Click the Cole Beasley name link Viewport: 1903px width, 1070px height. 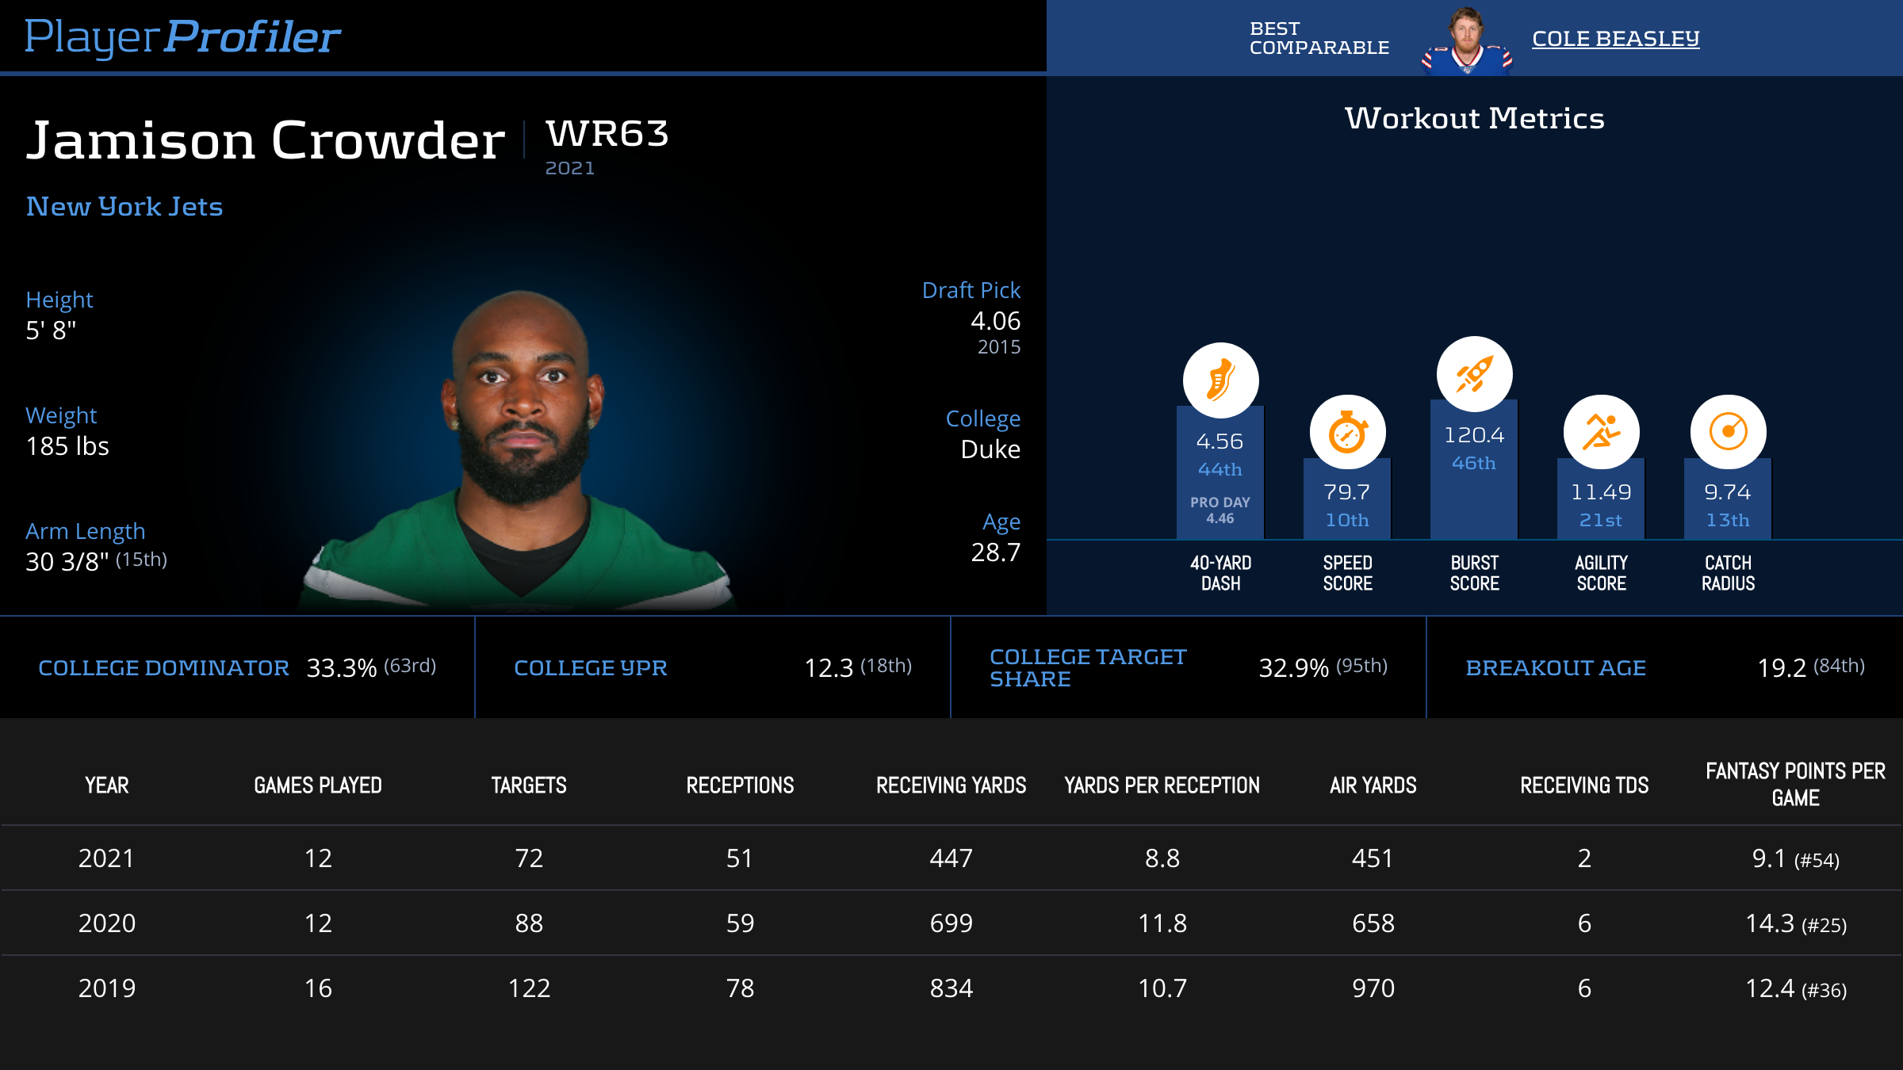(x=1615, y=38)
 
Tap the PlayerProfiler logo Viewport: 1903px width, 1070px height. (x=182, y=37)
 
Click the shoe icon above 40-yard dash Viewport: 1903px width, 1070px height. (x=1220, y=380)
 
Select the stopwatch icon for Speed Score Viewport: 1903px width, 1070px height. (x=1347, y=433)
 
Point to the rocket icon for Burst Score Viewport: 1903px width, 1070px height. (x=1474, y=374)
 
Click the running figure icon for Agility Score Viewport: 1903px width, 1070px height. (x=1601, y=433)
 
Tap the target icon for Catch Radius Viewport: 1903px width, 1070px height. (x=1728, y=433)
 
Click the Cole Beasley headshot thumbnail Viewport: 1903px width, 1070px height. (x=1467, y=41)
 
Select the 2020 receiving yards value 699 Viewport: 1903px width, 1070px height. (x=951, y=923)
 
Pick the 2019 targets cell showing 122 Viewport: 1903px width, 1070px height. (x=529, y=988)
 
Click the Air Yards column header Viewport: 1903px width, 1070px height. (x=1373, y=785)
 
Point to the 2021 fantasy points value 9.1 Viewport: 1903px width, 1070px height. (x=1769, y=858)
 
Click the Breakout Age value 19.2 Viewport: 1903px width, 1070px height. (x=1782, y=668)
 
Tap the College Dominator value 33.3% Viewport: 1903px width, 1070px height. (x=341, y=668)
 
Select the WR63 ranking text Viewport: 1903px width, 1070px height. (x=607, y=133)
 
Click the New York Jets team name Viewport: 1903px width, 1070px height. (x=124, y=207)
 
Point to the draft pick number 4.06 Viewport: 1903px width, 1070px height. (x=995, y=321)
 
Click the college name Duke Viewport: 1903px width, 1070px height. (x=990, y=449)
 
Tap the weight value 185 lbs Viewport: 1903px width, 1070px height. (x=67, y=446)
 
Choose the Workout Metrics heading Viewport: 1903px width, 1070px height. (x=1474, y=118)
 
